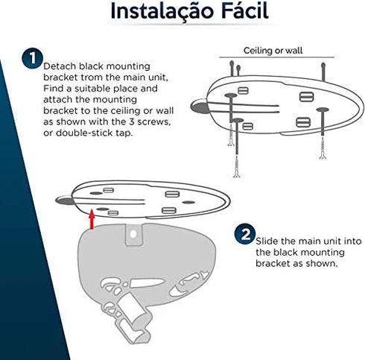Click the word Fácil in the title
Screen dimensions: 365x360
click(x=245, y=10)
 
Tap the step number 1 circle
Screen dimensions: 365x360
click(x=32, y=58)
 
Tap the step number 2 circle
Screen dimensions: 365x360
click(x=245, y=234)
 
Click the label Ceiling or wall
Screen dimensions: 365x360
click(x=273, y=51)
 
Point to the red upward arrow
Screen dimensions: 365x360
click(x=92, y=219)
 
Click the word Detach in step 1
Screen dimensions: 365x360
click(x=60, y=66)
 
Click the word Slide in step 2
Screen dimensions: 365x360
click(x=267, y=241)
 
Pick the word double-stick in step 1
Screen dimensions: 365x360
click(x=84, y=133)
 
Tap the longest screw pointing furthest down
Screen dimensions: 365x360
click(x=237, y=166)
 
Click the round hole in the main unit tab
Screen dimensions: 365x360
click(x=133, y=234)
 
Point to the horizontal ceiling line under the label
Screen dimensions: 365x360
click(x=276, y=57)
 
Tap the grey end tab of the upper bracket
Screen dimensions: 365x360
click(x=200, y=107)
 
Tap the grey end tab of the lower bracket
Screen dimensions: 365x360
click(x=65, y=200)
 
